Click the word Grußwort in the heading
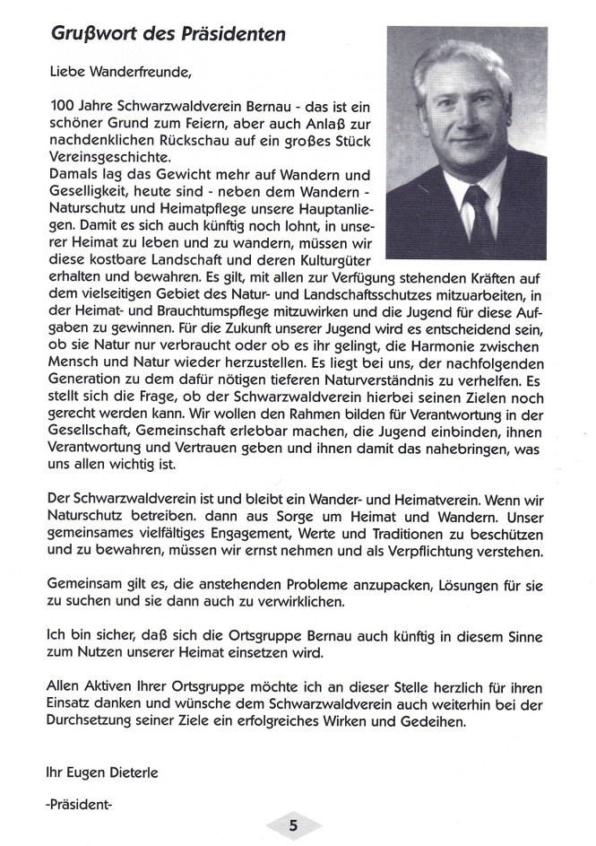click(87, 35)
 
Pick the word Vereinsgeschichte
click(99, 156)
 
